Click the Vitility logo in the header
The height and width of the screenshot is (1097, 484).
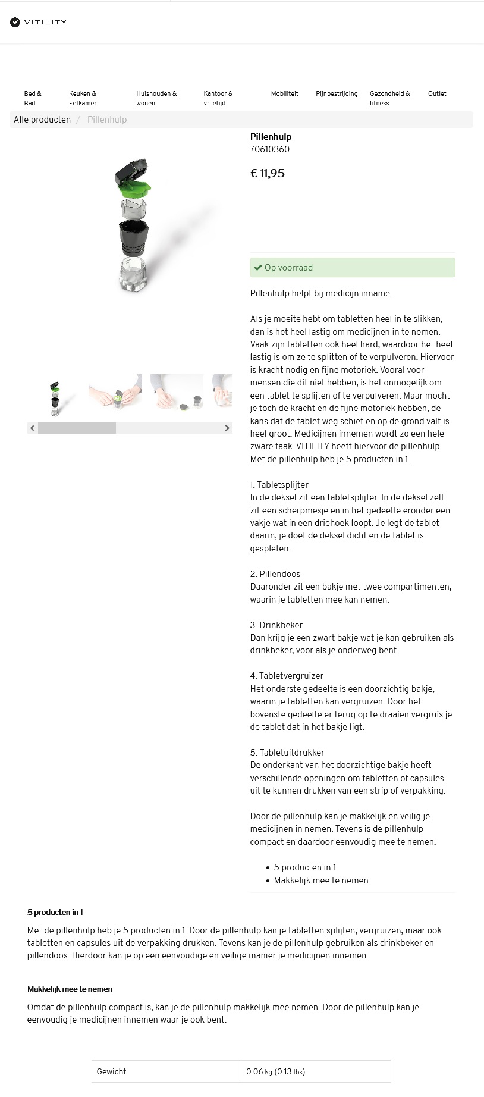[38, 23]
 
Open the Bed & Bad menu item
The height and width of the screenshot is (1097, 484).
[33, 98]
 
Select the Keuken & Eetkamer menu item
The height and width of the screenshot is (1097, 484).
[83, 98]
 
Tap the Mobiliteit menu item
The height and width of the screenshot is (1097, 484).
[284, 93]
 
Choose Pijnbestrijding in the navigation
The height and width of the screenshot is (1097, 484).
[337, 93]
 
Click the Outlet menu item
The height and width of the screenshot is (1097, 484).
[437, 93]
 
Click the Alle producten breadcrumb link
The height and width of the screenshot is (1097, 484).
[42, 120]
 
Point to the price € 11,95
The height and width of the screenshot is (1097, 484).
[268, 174]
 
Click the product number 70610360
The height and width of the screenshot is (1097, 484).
[270, 149]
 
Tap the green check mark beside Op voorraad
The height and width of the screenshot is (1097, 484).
[257, 268]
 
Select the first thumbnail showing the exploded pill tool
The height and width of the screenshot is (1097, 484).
[55, 397]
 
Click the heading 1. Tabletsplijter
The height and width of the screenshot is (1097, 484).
[279, 485]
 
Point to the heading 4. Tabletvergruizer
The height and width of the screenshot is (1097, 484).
[287, 676]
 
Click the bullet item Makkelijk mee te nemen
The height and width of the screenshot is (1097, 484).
[320, 880]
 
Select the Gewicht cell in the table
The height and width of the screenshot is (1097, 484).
[112, 1071]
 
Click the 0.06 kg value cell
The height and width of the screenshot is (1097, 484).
[276, 1071]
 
